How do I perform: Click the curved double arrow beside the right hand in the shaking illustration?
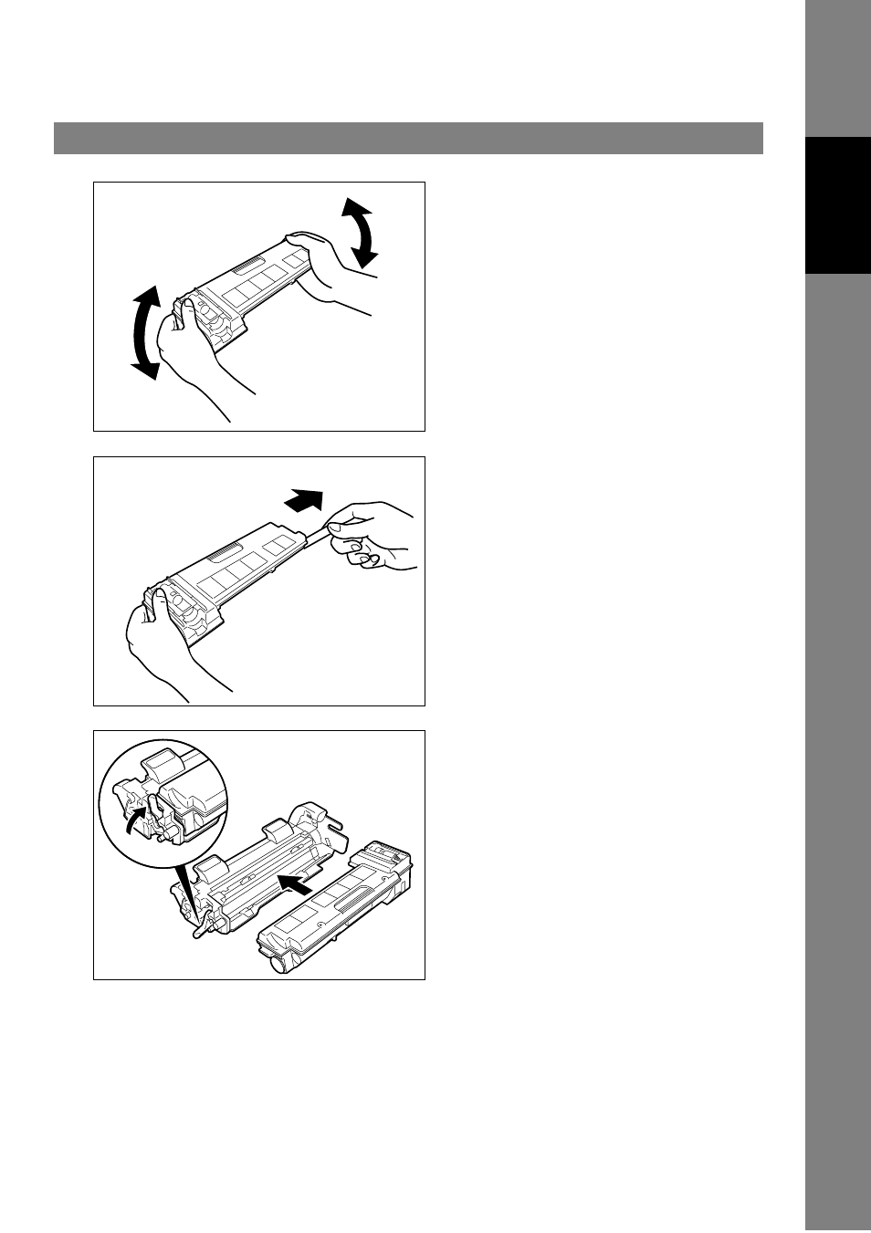[362, 232]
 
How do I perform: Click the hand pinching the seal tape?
[370, 538]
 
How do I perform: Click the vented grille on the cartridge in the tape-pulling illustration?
[224, 554]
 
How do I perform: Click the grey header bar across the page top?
[408, 139]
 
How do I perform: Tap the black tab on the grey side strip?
[838, 205]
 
